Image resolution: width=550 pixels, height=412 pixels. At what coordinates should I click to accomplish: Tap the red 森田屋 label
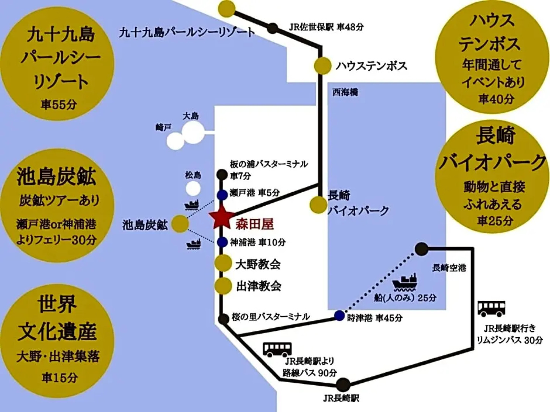[x=255, y=224]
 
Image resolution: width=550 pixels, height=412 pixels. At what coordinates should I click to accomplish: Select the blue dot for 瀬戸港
[x=222, y=195]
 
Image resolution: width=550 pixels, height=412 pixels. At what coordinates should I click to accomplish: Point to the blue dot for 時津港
[x=339, y=315]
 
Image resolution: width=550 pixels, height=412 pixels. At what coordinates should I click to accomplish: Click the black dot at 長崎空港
[x=421, y=249]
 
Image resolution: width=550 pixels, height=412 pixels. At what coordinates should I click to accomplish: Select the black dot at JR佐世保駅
[x=273, y=28]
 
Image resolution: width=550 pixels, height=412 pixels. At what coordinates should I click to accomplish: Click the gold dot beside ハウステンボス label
[x=322, y=66]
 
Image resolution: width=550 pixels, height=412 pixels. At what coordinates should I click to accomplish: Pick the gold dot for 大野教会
[x=223, y=263]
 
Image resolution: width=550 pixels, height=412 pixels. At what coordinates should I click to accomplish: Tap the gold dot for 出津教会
[x=223, y=286]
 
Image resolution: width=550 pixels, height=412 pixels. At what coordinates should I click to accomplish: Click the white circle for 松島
[x=193, y=188]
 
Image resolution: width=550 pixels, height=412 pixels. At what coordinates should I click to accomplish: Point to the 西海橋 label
[x=345, y=92]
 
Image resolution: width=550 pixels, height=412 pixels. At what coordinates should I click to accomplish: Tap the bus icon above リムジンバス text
[x=491, y=309]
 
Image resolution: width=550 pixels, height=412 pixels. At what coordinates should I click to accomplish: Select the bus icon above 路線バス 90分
[x=277, y=349]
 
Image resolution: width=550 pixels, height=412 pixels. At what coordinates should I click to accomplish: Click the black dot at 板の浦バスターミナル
[x=222, y=175]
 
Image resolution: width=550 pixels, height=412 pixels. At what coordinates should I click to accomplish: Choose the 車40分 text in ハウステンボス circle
[x=496, y=99]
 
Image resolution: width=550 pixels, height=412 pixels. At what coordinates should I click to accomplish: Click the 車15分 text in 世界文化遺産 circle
[x=59, y=378]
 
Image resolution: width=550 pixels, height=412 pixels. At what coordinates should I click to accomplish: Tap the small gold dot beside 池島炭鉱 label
[x=180, y=224]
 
